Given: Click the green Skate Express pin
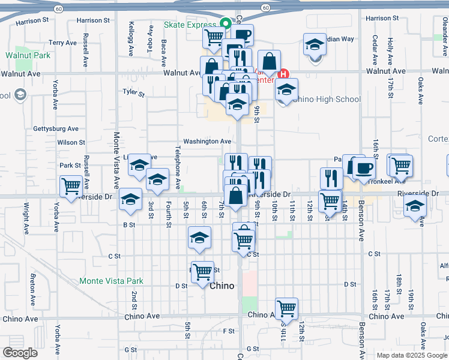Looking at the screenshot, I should (x=226, y=24).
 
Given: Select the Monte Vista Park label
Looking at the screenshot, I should (x=112, y=281).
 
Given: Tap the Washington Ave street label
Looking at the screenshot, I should (x=207, y=142).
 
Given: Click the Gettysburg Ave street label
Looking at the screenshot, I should (x=56, y=129).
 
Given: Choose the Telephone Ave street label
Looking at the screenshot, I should (x=178, y=166).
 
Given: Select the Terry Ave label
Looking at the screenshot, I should (x=63, y=43).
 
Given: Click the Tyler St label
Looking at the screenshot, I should (x=134, y=93).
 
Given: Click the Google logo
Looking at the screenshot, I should (x=20, y=353).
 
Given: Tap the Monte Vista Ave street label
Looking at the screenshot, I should (x=116, y=163).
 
